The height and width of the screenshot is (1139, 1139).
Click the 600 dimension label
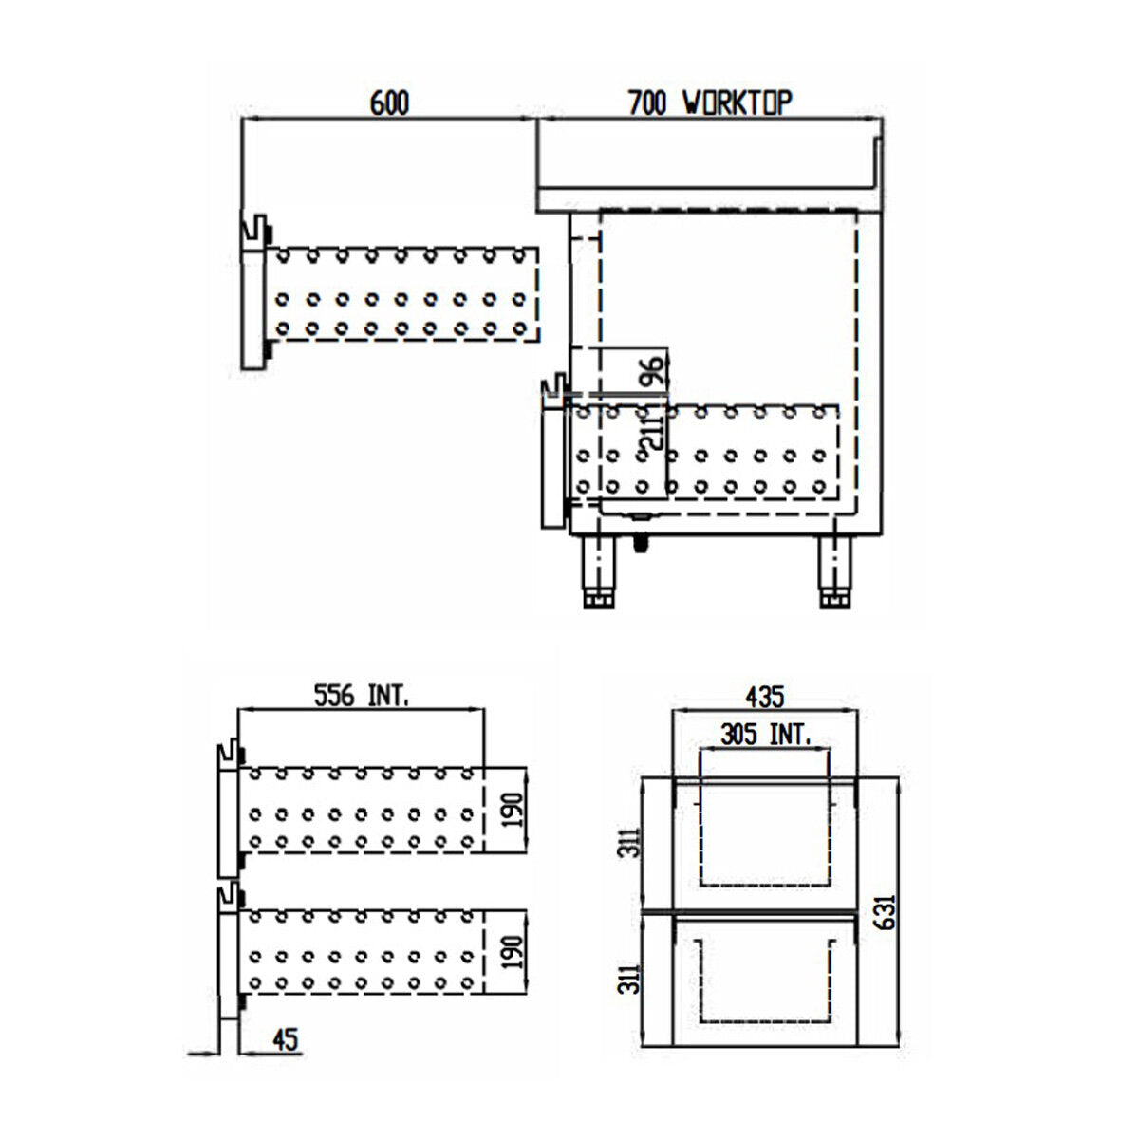389,103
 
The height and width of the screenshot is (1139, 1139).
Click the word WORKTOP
738,103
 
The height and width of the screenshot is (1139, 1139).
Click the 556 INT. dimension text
362,696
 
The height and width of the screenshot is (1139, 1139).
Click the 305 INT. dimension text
764,734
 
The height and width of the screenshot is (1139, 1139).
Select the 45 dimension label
284,1039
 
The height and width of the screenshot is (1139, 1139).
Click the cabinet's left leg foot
597,600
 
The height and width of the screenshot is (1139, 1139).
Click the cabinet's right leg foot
834,600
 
